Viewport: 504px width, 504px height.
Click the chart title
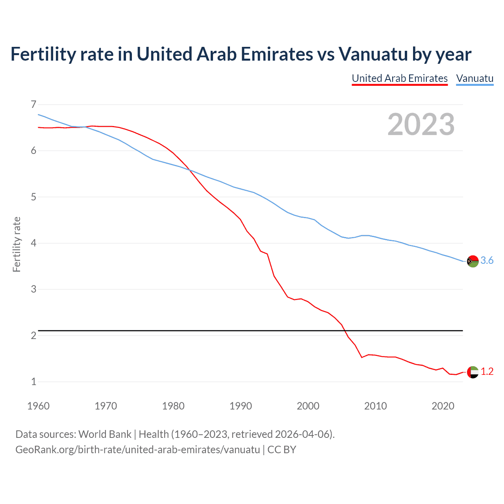[x=241, y=54]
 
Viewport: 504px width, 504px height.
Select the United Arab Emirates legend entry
[x=400, y=79]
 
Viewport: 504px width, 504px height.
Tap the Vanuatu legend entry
[x=474, y=79]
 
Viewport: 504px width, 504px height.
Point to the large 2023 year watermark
[x=421, y=125]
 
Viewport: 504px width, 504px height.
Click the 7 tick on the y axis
[x=33, y=104]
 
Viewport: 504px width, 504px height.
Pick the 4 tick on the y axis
[x=33, y=243]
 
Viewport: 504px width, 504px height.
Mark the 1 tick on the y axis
[x=33, y=382]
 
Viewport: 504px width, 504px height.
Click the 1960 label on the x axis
[x=38, y=406]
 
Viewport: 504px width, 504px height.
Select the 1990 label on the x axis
[x=241, y=406]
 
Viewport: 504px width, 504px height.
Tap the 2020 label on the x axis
[x=443, y=406]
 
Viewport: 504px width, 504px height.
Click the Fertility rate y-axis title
[x=17, y=244]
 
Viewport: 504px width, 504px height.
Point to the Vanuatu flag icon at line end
[x=472, y=261]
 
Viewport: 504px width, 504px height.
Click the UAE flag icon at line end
[x=472, y=372]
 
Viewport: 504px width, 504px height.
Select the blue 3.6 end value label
[x=487, y=261]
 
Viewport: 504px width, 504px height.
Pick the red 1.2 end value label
[x=487, y=372]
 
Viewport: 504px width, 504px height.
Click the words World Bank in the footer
[x=105, y=434]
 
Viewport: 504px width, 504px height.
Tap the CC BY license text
[x=282, y=450]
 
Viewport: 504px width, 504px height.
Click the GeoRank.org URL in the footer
[x=137, y=450]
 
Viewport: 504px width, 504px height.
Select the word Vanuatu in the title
[x=373, y=54]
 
